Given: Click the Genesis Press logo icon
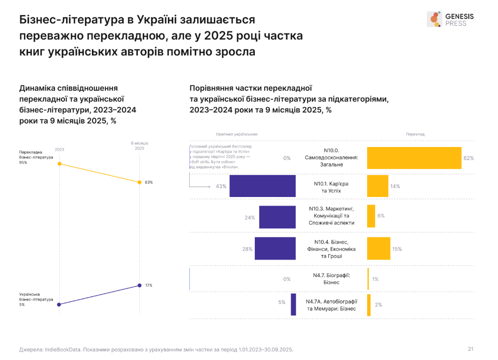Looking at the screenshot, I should pyautogui.click(x=434, y=19).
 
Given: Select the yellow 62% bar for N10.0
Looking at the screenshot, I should pyautogui.click(x=414, y=158).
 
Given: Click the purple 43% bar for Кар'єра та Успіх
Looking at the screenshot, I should pyautogui.click(x=263, y=186).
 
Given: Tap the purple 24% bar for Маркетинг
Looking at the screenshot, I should pyautogui.click(x=277, y=217).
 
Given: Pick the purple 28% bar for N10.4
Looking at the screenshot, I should pyautogui.click(x=275, y=248).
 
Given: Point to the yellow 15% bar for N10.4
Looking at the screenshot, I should pyautogui.click(x=379, y=248).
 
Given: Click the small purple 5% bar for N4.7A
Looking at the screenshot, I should pyautogui.click(x=294, y=304).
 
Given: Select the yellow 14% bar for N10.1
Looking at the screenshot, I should pyautogui.click(x=378, y=186).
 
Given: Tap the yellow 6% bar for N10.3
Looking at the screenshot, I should pyautogui.click(x=371, y=215).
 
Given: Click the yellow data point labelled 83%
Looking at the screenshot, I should pyautogui.click(x=139, y=182).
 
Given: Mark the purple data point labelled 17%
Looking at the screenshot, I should pyautogui.click(x=139, y=285).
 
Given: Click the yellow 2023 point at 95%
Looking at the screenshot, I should pyautogui.click(x=59, y=163).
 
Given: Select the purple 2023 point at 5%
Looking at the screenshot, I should pyautogui.click(x=59, y=304).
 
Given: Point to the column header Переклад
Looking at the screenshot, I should pyautogui.click(x=415, y=134).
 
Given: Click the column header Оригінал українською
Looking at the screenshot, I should pyautogui.click(x=237, y=134).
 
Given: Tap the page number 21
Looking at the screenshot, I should pyautogui.click(x=471, y=349).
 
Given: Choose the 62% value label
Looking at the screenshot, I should pyautogui.click(x=469, y=158).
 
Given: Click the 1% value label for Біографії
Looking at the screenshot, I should pyautogui.click(x=375, y=279).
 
